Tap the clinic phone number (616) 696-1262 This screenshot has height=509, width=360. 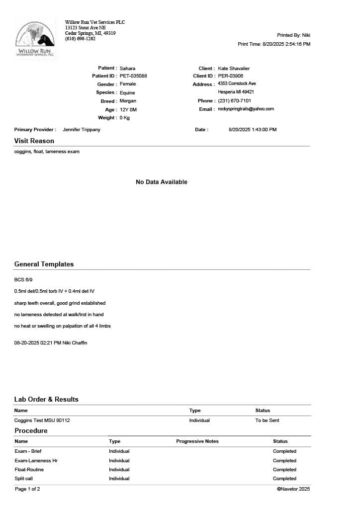pos(80,39)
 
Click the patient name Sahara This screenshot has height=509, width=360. pos(127,68)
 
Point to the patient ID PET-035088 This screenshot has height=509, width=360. pos(133,76)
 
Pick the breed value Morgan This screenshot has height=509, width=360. pos(128,101)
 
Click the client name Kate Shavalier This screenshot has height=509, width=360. pos(234,68)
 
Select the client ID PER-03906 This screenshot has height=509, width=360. pos(231,76)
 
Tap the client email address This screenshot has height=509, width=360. pos(246,109)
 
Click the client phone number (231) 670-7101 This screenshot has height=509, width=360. pos(234,101)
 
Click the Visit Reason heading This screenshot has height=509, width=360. pos(34,141)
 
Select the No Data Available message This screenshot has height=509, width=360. pos(162,182)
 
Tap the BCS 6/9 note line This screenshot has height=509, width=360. pos(24,280)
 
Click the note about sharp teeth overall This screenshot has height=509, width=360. pos(60,303)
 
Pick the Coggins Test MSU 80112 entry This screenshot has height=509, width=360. pos(42,421)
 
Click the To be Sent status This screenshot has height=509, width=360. pos(267,421)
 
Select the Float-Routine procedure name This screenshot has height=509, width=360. pos(29,470)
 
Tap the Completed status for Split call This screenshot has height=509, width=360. pos(284,479)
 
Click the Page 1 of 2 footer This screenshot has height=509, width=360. pos(27,489)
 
